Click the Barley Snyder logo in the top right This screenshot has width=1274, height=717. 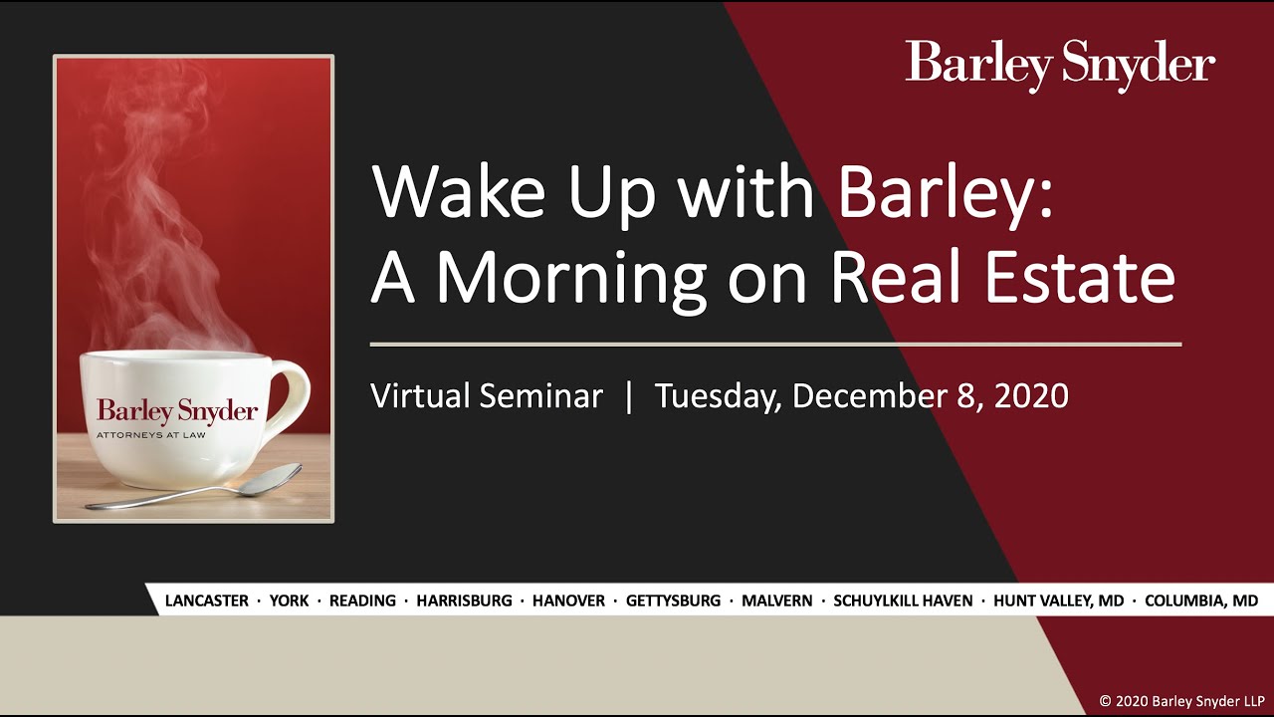tap(1060, 65)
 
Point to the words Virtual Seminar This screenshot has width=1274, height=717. tap(487, 396)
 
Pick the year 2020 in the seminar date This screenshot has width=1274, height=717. tap(1030, 396)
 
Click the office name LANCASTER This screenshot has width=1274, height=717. tap(206, 600)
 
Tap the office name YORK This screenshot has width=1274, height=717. tap(289, 600)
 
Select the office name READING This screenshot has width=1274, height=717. tap(362, 600)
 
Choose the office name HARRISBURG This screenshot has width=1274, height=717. tap(464, 600)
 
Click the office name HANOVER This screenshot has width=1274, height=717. tap(568, 600)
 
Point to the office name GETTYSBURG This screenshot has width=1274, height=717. tap(673, 600)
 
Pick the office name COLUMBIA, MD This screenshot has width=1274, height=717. tap(1201, 600)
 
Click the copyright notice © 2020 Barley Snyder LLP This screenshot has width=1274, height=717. tap(1181, 701)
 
